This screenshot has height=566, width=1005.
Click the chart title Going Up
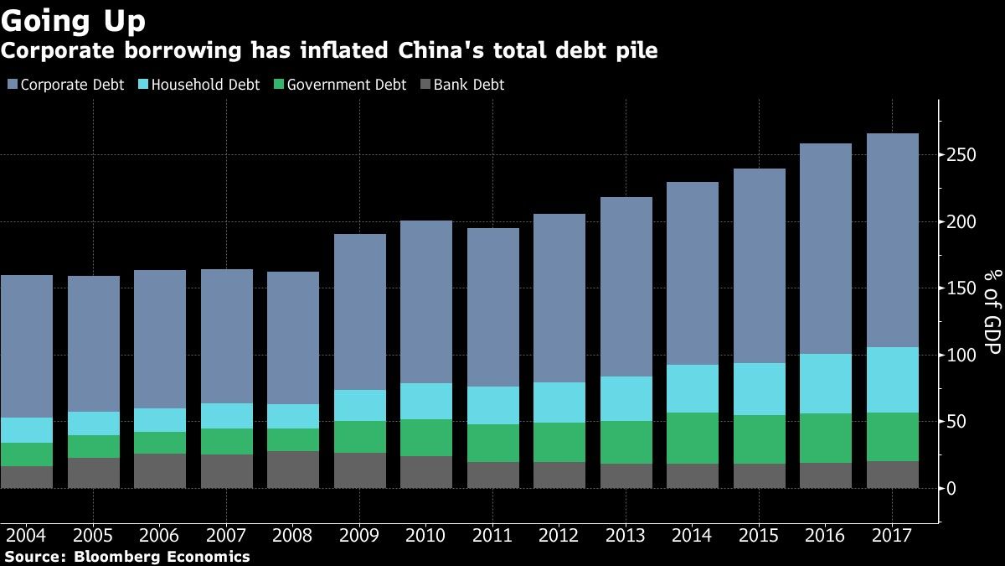coord(74,20)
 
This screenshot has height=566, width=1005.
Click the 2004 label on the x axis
coord(26,536)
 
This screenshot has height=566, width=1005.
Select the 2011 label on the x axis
coord(492,536)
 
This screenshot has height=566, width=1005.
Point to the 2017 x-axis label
coord(892,536)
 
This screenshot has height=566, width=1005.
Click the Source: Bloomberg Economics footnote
coord(126,557)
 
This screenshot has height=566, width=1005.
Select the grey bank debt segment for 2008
coord(293,470)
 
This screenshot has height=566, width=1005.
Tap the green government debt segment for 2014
coord(693,438)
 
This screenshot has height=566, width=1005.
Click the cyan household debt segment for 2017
coord(892,380)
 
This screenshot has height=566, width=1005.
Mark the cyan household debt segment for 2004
coord(26,430)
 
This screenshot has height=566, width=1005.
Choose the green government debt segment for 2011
coord(492,443)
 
